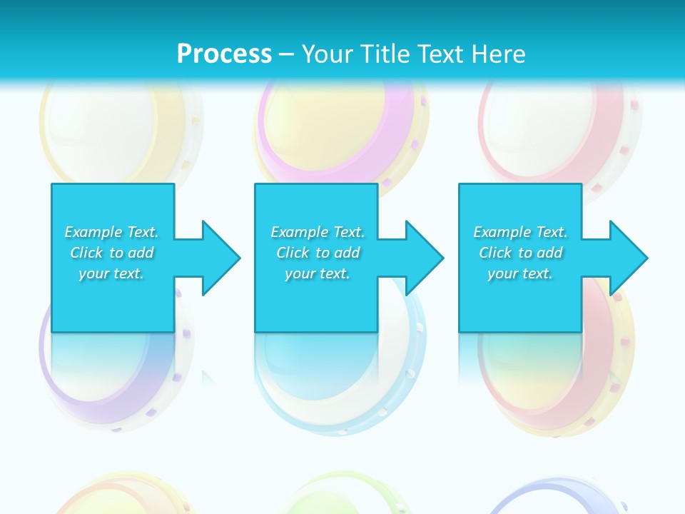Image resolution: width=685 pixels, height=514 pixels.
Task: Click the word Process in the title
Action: pyautogui.click(x=224, y=54)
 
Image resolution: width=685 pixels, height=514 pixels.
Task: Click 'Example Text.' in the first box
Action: pyautogui.click(x=111, y=232)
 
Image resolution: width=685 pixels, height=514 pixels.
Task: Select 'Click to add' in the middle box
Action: pyautogui.click(x=318, y=253)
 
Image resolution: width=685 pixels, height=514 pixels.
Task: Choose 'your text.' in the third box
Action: pyautogui.click(x=520, y=273)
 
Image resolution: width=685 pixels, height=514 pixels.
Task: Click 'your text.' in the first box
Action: pyautogui.click(x=111, y=273)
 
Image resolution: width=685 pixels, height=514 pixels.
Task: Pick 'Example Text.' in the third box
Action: pyautogui.click(x=520, y=232)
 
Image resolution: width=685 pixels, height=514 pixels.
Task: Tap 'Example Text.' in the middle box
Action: pyautogui.click(x=318, y=232)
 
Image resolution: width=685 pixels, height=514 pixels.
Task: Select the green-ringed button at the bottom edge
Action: pyautogui.click(x=335, y=496)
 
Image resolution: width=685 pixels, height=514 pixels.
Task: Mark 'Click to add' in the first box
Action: pyautogui.click(x=111, y=253)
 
